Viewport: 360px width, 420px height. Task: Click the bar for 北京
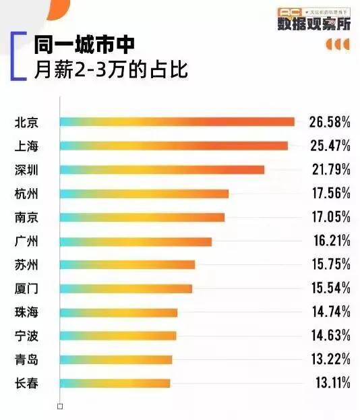tap(177, 121)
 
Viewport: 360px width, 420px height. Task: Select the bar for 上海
tap(173, 146)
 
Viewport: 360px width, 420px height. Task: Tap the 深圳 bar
tap(162, 169)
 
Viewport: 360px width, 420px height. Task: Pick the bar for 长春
tap(115, 383)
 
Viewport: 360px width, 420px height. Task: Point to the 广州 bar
tap(136, 241)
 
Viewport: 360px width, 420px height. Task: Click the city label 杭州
tap(26, 193)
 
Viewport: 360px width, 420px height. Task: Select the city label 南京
tap(26, 217)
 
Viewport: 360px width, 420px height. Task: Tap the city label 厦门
tap(26, 289)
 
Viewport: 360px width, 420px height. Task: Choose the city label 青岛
tap(26, 359)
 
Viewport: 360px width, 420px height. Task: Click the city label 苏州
tap(26, 264)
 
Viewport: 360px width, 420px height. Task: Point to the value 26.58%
tap(330, 122)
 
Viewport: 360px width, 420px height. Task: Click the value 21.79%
tap(330, 169)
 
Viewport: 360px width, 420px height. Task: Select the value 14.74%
tap(330, 312)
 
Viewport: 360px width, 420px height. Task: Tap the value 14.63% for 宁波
tap(330, 336)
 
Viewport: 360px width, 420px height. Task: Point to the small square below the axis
tap(60, 407)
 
